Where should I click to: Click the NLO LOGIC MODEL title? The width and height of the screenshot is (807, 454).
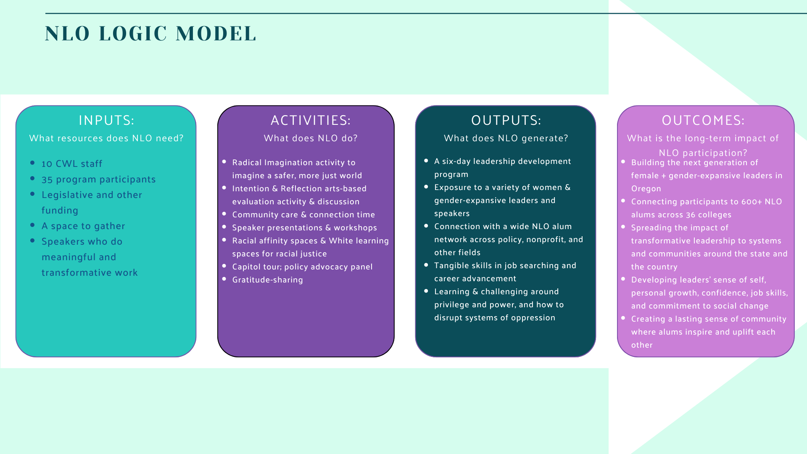pos(150,34)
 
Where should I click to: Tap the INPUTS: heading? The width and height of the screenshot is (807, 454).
pos(106,120)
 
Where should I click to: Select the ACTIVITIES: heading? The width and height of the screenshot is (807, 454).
pos(311,120)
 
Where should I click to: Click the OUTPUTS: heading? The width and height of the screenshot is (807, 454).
pos(506,120)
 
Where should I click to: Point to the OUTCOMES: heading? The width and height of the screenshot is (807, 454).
pos(703,120)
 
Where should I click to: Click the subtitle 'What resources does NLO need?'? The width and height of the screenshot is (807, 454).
pos(106,138)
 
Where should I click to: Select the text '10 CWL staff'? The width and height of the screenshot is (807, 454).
pos(72,164)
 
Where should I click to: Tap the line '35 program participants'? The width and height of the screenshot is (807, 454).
pos(98,179)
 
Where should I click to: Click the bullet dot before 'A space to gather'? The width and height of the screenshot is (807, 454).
pos(32,225)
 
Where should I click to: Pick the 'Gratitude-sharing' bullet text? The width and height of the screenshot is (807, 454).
pos(267,280)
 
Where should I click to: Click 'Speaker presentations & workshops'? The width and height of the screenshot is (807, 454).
pos(304,228)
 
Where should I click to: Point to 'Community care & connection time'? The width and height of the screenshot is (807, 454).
pos(303,215)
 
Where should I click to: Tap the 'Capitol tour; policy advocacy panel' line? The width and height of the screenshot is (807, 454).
pos(302,267)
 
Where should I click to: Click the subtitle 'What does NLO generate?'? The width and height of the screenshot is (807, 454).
pos(506,138)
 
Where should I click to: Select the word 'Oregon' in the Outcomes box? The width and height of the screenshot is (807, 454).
pos(646,189)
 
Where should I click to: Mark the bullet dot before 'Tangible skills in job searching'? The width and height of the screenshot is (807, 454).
pos(426,265)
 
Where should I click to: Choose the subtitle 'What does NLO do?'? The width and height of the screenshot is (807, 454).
pos(311,138)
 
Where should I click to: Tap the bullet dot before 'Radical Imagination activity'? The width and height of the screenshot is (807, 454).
pos(224,162)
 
